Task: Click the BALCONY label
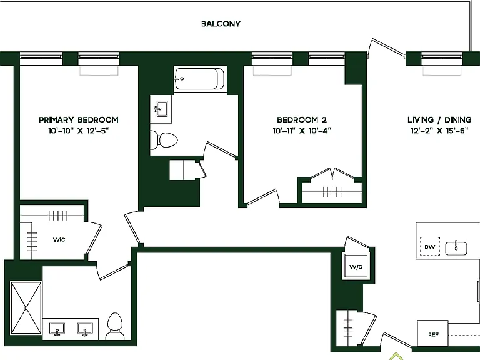[x=221, y=24]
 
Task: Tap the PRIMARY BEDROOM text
[x=79, y=120]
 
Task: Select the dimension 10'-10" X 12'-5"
[x=79, y=131]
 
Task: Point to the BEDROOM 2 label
[x=302, y=120]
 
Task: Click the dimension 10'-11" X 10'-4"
[x=302, y=131]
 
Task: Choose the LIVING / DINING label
[x=439, y=120]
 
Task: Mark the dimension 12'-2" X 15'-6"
[x=439, y=131]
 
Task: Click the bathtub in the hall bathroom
[x=200, y=79]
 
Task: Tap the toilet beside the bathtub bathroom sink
[x=164, y=140]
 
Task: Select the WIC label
[x=59, y=240]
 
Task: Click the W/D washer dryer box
[x=356, y=266]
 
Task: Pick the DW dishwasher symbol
[x=430, y=246]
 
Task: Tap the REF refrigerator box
[x=433, y=334]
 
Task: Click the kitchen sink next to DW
[x=456, y=248]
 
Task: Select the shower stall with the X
[x=26, y=307]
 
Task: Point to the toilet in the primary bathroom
[x=115, y=326]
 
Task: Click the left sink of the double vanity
[x=57, y=330]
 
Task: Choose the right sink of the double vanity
[x=85, y=330]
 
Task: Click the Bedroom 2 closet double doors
[x=332, y=174]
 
